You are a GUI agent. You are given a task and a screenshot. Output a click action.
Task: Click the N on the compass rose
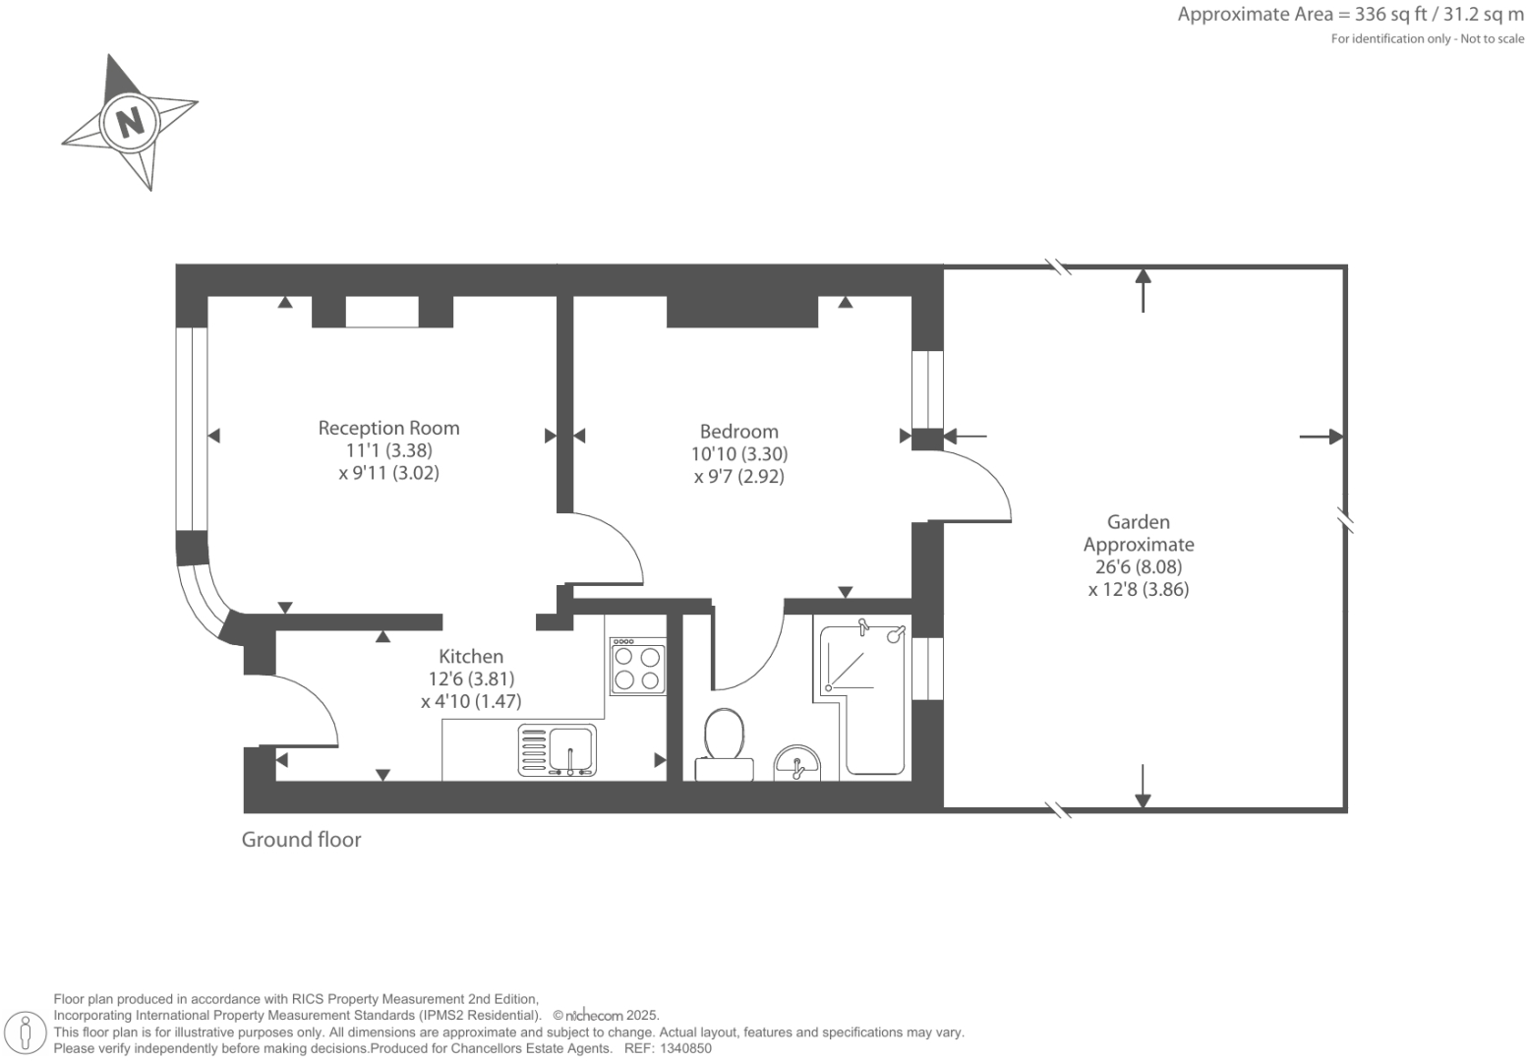click(x=129, y=122)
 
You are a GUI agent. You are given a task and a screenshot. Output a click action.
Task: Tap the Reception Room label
click(x=388, y=428)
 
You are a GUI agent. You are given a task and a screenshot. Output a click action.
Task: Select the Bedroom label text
click(x=738, y=432)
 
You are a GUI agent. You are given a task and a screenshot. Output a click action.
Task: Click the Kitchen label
click(x=470, y=656)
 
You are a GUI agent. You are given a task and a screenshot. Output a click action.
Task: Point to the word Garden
click(x=1138, y=522)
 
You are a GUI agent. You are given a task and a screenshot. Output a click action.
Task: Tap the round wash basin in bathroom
click(x=796, y=763)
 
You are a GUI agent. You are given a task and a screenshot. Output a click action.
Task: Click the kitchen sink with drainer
click(x=557, y=751)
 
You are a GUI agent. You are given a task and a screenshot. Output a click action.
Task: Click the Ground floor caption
click(x=301, y=840)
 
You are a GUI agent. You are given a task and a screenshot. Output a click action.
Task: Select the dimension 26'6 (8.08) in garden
click(x=1138, y=567)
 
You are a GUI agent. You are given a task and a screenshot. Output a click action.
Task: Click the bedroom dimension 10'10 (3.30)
click(x=738, y=454)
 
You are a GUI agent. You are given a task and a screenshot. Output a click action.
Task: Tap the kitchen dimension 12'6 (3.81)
click(x=470, y=678)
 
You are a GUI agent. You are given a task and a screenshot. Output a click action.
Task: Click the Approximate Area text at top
click(x=1350, y=15)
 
